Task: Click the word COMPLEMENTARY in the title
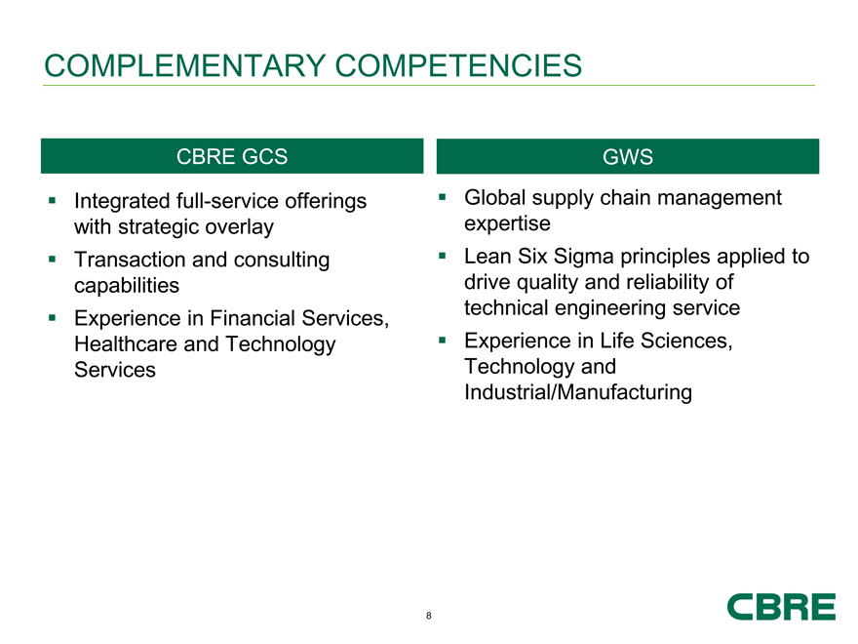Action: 185,65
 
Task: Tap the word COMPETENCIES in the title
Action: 458,65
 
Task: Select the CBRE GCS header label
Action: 232,157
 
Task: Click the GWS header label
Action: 628,157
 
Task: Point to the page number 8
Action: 428,616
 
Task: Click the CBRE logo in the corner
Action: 781,606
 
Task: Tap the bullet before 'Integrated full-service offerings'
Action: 52,200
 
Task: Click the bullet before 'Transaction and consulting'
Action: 52,259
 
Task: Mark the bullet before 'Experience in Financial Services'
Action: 52,318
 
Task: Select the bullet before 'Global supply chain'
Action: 442,197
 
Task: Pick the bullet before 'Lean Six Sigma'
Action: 442,256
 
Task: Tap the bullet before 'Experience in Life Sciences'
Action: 442,341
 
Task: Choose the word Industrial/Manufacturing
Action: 578,392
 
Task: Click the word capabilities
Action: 127,286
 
